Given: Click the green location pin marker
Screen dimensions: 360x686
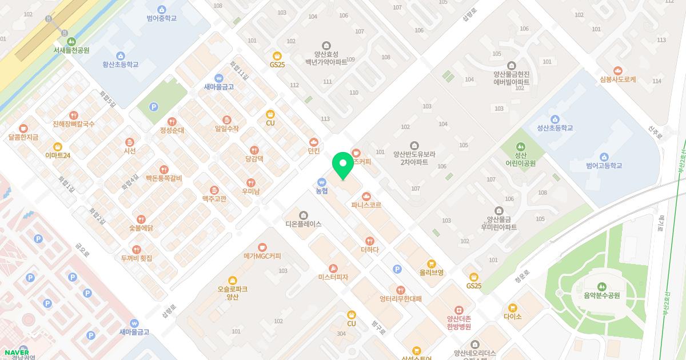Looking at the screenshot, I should [x=342, y=166].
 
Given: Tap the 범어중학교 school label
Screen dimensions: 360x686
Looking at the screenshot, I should [x=161, y=18].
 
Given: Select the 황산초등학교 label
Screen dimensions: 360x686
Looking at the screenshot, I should [x=121, y=65].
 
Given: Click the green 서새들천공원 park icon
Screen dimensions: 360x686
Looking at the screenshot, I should [x=71, y=41].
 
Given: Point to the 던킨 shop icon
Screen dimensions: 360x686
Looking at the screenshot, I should [x=313, y=142].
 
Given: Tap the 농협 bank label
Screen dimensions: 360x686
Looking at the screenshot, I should [x=322, y=191].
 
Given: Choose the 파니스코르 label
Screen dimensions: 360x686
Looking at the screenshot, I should [x=366, y=205].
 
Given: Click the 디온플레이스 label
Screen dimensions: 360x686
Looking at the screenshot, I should [x=304, y=224].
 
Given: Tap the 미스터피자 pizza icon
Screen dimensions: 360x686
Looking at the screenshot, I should [x=333, y=269].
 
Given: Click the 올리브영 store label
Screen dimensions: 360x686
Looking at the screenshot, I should [x=432, y=273].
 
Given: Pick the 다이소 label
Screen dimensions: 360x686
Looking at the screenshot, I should [x=513, y=317].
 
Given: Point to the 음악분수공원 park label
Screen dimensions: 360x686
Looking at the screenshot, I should [x=601, y=295].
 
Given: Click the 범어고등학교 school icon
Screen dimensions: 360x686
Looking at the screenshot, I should [x=604, y=157].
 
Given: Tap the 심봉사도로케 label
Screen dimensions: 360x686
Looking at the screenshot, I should [x=618, y=79].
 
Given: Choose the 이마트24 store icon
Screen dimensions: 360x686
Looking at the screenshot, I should [x=58, y=146].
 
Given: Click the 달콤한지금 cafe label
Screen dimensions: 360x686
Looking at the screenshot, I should [x=23, y=137].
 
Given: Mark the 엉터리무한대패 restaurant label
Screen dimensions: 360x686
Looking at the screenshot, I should [x=400, y=298].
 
